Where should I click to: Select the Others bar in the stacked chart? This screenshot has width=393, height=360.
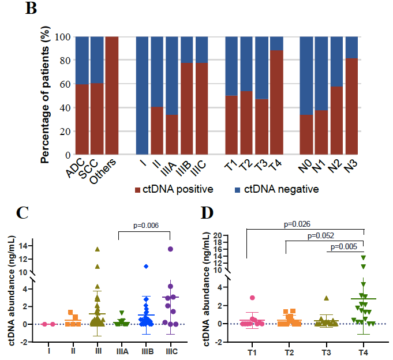click(112, 96)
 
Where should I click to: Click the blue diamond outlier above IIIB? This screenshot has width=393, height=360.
click(147, 266)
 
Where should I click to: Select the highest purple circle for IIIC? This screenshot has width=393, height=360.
click(170, 249)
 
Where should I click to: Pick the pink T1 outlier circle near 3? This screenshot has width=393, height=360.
click(252, 298)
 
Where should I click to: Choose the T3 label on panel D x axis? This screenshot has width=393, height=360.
click(326, 350)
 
